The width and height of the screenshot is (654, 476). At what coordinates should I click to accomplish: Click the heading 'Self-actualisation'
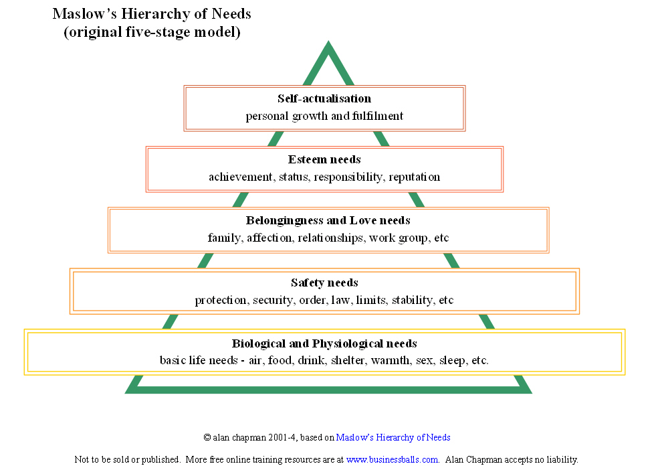pyautogui.click(x=324, y=99)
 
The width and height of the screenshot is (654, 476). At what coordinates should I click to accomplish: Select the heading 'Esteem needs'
pyautogui.click(x=324, y=160)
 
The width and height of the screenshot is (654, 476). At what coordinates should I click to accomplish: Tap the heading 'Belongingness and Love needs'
pyautogui.click(x=328, y=220)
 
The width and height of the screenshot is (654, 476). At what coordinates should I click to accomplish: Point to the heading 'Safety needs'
pyautogui.click(x=324, y=283)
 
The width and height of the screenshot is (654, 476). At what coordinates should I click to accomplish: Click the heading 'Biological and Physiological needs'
pyautogui.click(x=324, y=343)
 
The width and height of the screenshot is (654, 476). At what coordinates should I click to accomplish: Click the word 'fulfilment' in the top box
pyautogui.click(x=378, y=116)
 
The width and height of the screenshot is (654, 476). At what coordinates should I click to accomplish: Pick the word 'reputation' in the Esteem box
pyautogui.click(x=415, y=177)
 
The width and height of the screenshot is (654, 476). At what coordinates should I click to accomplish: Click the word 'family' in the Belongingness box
pyautogui.click(x=223, y=238)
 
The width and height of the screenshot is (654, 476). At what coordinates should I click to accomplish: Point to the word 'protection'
pyautogui.click(x=221, y=300)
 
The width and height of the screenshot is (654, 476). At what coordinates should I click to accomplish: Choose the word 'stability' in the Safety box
pyautogui.click(x=412, y=300)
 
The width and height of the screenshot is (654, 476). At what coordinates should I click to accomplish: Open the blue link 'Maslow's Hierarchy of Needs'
pyautogui.click(x=393, y=437)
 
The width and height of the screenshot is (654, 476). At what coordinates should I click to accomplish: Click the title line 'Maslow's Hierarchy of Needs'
pyautogui.click(x=152, y=13)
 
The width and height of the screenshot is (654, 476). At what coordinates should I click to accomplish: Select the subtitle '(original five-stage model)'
pyautogui.click(x=152, y=32)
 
